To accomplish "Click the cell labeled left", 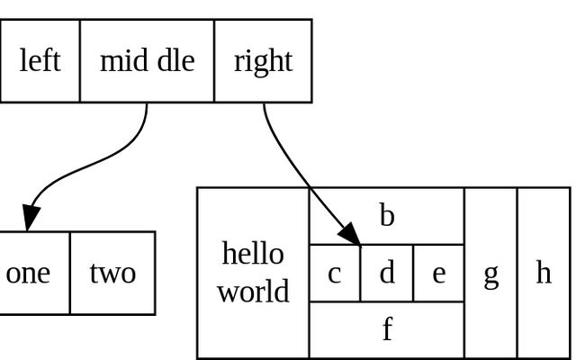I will (x=40, y=60).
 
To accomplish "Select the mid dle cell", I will (x=147, y=60).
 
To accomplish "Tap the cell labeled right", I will (x=263, y=60).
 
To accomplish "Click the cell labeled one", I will (x=30, y=273).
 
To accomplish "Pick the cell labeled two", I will (x=112, y=273).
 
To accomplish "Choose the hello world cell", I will (x=253, y=273).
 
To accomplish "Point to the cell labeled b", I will (x=387, y=216).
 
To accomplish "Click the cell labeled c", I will (x=335, y=273).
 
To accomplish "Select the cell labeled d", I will (x=387, y=273).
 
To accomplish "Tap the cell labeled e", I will (x=439, y=273).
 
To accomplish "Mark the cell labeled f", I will (x=387, y=329).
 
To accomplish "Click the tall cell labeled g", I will (x=490, y=273).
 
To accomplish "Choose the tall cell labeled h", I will (x=544, y=273).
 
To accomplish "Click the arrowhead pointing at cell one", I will (x=31, y=218).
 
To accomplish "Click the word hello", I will (x=253, y=254).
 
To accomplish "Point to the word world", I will (x=253, y=292).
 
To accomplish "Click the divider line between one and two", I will (x=69, y=273).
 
